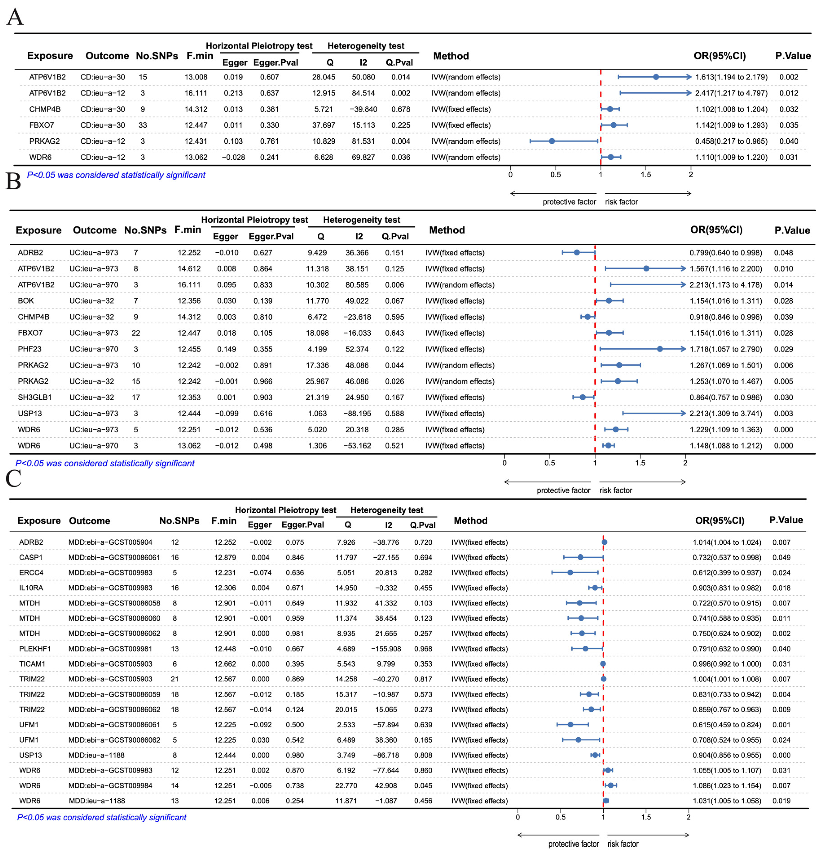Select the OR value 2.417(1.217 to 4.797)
coord(731,93)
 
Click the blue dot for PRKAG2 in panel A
coord(552,141)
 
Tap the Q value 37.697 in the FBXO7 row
coord(323,125)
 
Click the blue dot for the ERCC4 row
coord(570,572)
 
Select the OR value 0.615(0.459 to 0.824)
coord(727,725)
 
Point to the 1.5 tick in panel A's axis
coord(646,175)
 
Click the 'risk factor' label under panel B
coord(616,490)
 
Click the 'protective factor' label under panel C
coord(573,844)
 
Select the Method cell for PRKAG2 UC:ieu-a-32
coord(460,381)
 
